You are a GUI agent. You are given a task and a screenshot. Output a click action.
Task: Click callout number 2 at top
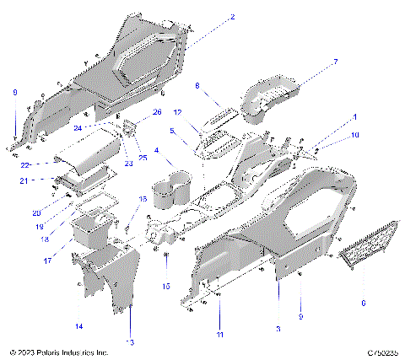tap(233, 17)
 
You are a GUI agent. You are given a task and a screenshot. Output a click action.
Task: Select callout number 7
tap(334, 62)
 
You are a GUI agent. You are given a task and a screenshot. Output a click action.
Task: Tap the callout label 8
tap(197, 85)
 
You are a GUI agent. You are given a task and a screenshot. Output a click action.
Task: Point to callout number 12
tap(178, 112)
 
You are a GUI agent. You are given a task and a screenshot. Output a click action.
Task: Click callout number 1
tap(355, 116)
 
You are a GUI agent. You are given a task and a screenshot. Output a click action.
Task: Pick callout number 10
tap(355, 135)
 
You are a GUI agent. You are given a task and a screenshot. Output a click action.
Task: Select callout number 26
tap(157, 111)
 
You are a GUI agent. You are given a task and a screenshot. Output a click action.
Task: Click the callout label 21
tap(25, 180)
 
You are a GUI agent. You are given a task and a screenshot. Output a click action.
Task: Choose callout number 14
tap(79, 325)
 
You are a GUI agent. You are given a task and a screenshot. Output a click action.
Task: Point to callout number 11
tap(219, 336)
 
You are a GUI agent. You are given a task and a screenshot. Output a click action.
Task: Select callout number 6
tap(364, 302)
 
